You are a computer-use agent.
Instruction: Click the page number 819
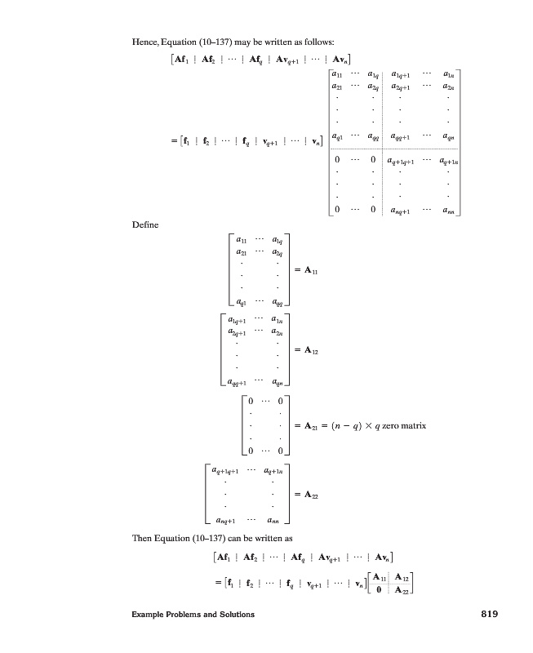pyautogui.click(x=487, y=614)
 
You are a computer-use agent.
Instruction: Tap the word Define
pyautogui.click(x=145, y=224)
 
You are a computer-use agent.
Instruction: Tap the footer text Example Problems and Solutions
pyautogui.click(x=193, y=615)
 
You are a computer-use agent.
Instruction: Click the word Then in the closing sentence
pyautogui.click(x=142, y=539)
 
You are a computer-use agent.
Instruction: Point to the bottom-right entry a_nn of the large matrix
pyautogui.click(x=448, y=210)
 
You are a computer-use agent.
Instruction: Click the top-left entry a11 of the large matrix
pyautogui.click(x=336, y=74)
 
